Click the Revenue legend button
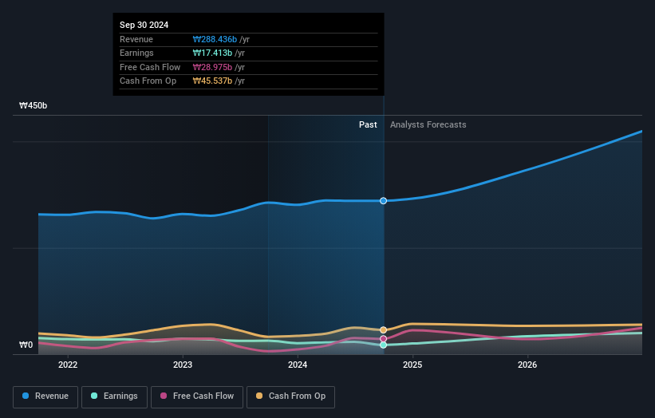45,396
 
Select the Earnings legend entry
113,396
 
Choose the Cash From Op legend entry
290,396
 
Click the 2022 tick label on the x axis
68,365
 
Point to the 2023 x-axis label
183,365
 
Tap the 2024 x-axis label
298,365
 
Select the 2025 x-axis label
412,365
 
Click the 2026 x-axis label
527,365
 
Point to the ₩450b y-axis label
34,105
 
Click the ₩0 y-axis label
26,345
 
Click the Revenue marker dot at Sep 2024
384,201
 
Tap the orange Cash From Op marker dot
384,329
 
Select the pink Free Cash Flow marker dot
384,338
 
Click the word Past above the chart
368,124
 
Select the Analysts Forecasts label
428,124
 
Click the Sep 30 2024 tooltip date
144,26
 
